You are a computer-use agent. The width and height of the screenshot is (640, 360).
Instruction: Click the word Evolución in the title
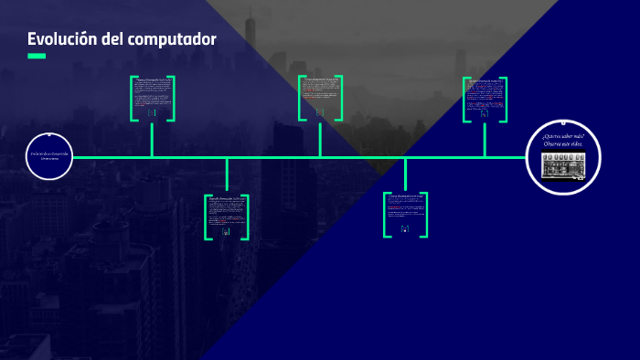point(61,39)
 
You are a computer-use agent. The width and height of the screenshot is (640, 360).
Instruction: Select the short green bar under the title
point(37,57)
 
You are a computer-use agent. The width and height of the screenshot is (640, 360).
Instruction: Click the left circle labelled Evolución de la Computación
point(48,157)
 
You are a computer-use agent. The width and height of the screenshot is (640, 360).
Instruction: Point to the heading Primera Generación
point(152,80)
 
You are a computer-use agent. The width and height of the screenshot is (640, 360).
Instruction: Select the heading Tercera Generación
point(320,80)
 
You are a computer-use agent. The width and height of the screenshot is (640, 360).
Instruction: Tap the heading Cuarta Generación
point(405,195)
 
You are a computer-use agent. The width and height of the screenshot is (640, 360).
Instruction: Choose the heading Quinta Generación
point(485,81)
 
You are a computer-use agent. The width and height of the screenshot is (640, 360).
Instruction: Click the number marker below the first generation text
point(152,113)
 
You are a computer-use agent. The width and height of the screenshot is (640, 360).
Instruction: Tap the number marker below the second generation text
point(226,232)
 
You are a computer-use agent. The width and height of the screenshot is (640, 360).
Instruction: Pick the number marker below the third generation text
point(320,112)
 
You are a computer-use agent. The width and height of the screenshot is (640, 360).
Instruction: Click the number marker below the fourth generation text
point(405,228)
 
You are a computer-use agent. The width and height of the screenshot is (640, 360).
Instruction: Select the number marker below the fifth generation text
point(485,114)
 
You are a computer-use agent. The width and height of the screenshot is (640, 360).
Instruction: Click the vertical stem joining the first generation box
point(152,140)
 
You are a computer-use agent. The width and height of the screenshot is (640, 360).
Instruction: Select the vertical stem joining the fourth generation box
point(405,175)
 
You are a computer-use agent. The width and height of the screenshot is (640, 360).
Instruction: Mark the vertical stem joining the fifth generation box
point(485,140)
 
